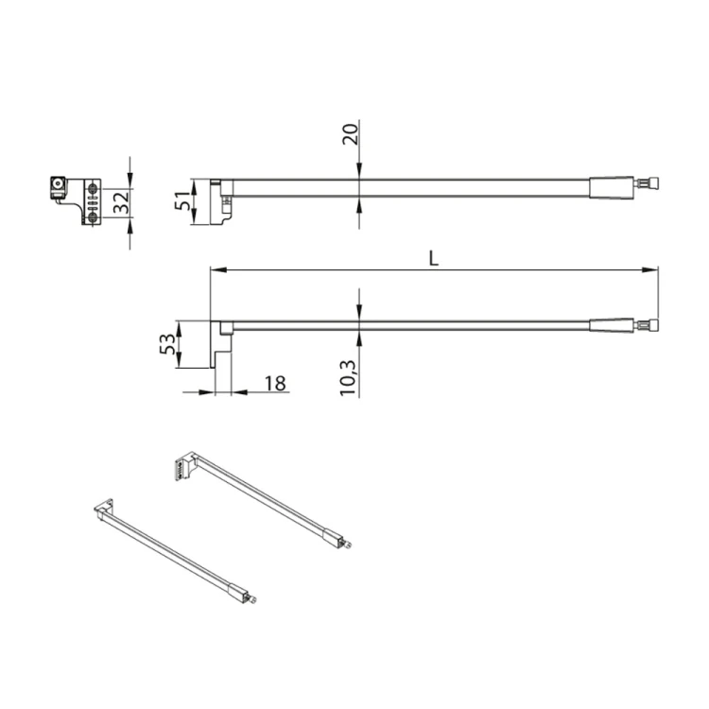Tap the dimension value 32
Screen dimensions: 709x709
click(x=119, y=202)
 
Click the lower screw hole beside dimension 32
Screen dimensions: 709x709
click(x=94, y=216)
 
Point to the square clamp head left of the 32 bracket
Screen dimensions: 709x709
click(x=59, y=186)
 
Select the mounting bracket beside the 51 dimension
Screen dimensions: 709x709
click(x=224, y=201)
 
